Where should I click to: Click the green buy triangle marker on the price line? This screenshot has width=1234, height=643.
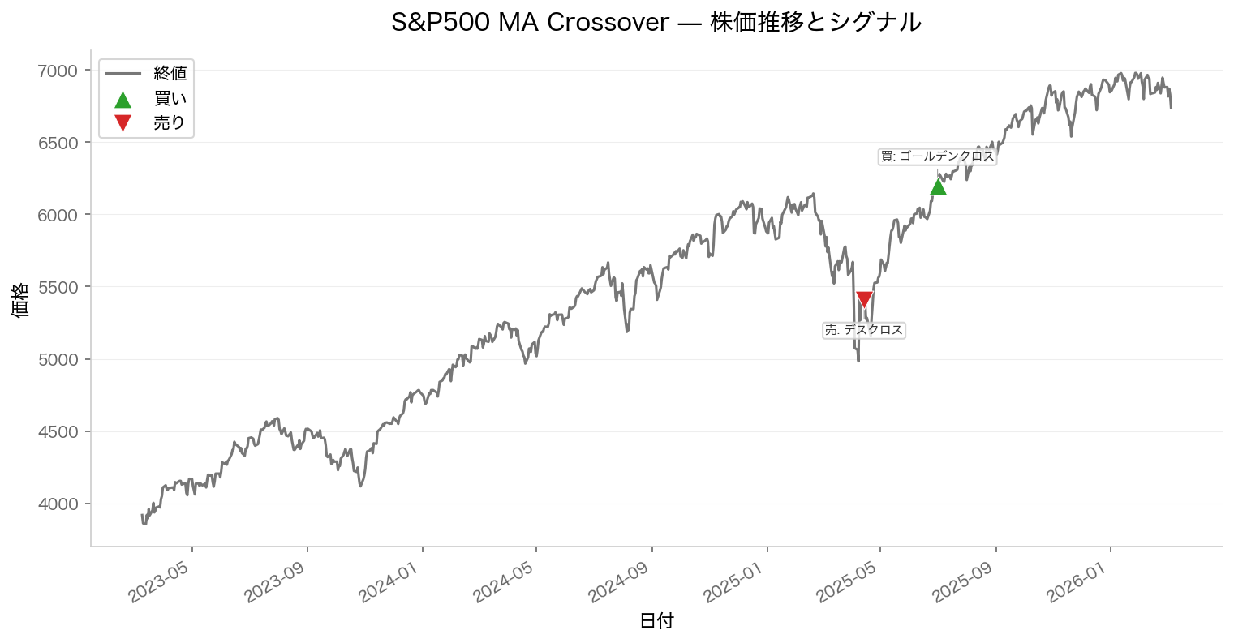[x=938, y=187]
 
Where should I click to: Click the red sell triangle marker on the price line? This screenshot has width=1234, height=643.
[x=864, y=299]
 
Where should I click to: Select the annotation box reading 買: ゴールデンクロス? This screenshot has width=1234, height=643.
[x=937, y=156]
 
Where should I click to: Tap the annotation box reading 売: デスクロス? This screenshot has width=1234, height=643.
[x=863, y=330]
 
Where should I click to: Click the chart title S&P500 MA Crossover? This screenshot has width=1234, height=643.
[x=656, y=22]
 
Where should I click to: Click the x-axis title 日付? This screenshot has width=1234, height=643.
[x=656, y=621]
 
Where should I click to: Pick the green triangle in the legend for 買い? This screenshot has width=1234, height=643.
[x=123, y=99]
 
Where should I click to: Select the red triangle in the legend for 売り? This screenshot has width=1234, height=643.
[x=123, y=123]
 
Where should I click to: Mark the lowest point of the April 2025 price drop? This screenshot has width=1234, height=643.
[x=858, y=361]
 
